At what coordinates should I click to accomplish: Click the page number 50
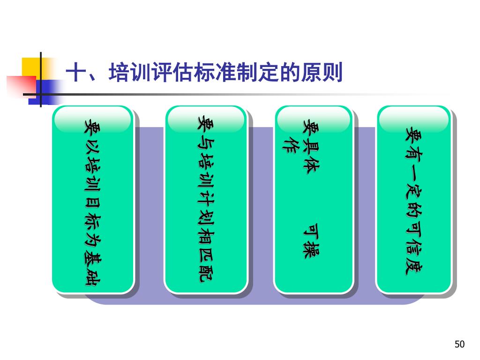pos(459,345)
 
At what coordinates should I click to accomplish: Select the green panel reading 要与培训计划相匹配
pos(205,199)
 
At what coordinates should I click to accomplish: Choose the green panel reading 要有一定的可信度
pos(414,199)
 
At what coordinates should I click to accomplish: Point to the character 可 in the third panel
pos(310,230)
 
